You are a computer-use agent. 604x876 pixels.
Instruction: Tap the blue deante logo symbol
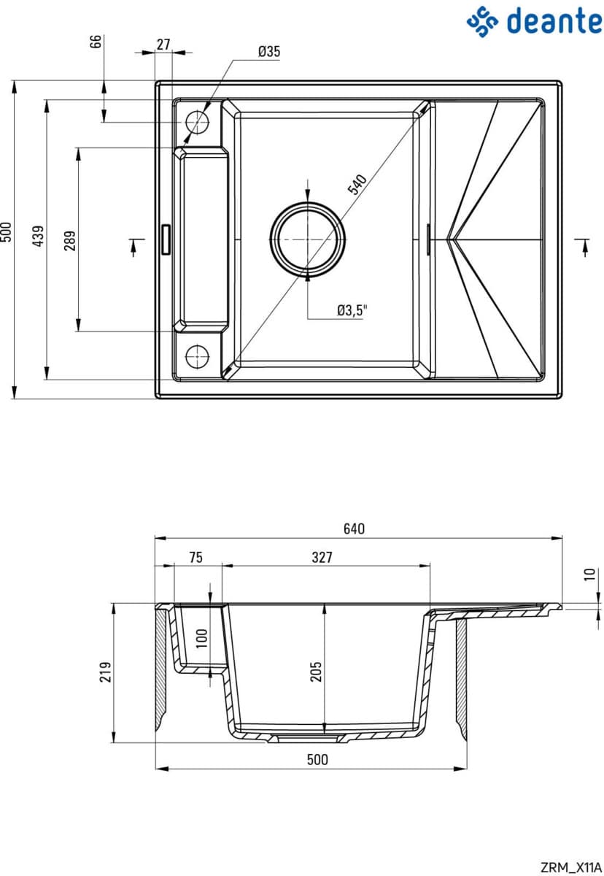482,21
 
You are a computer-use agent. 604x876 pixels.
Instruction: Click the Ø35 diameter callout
268,51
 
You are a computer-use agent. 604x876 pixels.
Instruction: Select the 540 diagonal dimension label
357,184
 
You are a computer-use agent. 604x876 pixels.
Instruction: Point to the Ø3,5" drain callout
352,310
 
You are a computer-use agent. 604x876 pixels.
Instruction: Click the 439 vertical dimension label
38,236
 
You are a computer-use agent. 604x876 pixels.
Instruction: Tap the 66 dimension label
96,41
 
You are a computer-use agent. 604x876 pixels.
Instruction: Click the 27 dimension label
163,45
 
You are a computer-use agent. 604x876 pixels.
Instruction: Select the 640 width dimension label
354,529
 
